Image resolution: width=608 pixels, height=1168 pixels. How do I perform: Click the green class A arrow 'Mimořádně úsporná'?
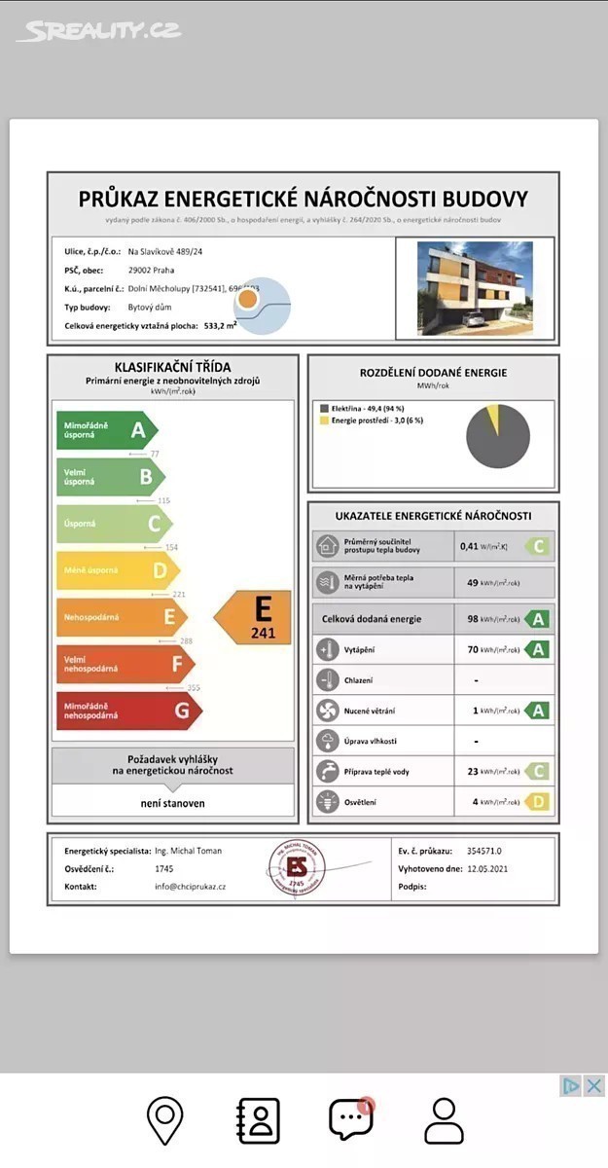(x=105, y=430)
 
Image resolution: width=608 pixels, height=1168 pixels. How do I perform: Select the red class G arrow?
(x=126, y=711)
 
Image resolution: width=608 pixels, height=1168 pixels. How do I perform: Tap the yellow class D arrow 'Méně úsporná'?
(x=117, y=570)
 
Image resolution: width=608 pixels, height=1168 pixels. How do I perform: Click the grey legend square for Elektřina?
(x=324, y=408)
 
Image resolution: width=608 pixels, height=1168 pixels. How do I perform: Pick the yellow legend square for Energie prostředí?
(x=324, y=420)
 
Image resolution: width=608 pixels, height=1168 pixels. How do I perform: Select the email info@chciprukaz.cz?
(x=190, y=887)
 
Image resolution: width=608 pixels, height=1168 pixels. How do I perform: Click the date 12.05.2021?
(x=486, y=869)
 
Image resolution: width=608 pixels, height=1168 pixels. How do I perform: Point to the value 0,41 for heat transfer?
(x=470, y=547)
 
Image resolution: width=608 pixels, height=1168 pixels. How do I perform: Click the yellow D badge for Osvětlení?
(x=537, y=802)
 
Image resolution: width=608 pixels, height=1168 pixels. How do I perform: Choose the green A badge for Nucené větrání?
(x=537, y=711)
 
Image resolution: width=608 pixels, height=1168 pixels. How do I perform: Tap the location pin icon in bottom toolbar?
(x=165, y=1120)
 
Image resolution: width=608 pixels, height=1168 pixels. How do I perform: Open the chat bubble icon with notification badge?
(x=350, y=1120)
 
